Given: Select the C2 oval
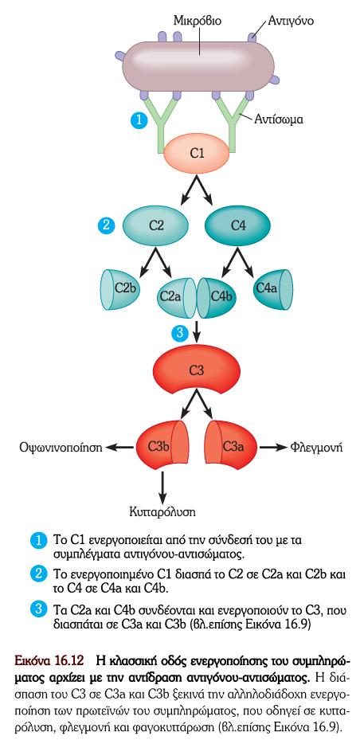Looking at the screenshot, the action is pyautogui.click(x=155, y=225).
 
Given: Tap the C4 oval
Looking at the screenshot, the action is pyautogui.click(x=237, y=225).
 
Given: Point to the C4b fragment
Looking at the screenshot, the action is pyautogui.click(x=217, y=298).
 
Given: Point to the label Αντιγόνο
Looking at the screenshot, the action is pyautogui.click(x=291, y=21).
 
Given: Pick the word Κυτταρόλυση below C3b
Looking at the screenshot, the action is pyautogui.click(x=162, y=512).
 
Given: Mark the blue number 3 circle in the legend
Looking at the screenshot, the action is pyautogui.click(x=38, y=610).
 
